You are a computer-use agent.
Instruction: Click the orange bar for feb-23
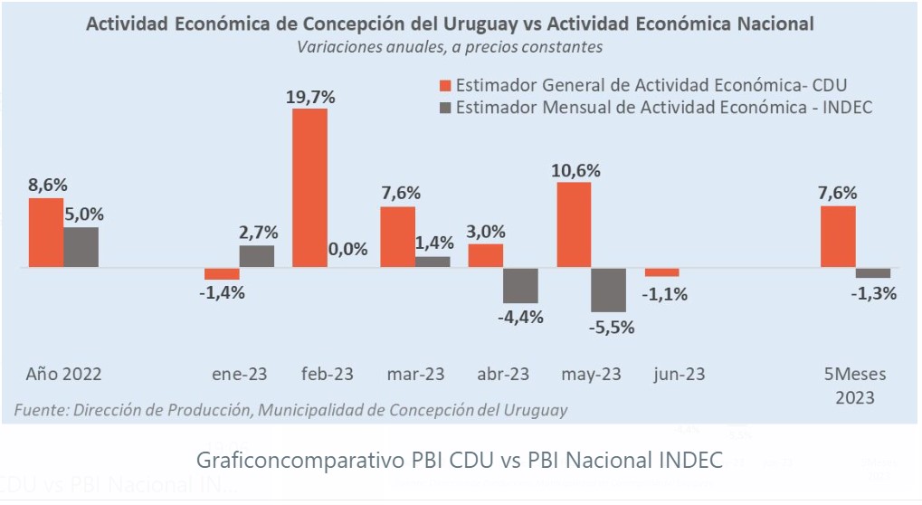309,188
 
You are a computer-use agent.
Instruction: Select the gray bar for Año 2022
81,247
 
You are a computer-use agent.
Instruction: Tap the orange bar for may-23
575,225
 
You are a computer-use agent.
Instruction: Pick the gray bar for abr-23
520,285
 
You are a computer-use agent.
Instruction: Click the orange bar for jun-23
662,272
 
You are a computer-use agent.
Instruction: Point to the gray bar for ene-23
257,256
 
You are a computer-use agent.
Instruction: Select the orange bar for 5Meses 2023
838,237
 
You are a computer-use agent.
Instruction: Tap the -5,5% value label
610,327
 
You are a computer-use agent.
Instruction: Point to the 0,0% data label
348,250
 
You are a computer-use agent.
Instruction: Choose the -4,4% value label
520,317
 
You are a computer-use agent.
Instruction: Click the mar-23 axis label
415,374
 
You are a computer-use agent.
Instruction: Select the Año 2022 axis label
64,374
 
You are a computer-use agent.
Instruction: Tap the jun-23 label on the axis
679,374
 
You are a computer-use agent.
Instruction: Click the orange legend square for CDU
444,86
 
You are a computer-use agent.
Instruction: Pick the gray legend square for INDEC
444,108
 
